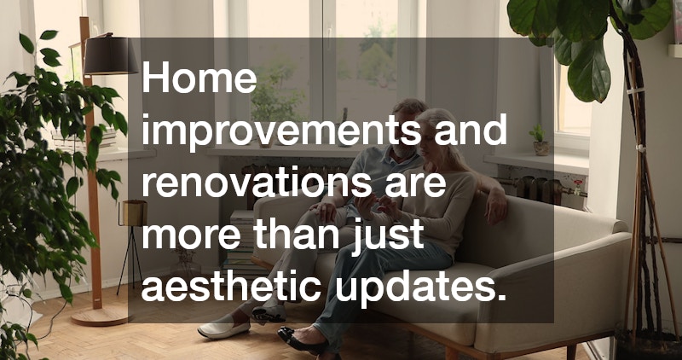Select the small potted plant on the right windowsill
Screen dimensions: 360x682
(x=539, y=140)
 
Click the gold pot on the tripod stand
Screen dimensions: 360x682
(x=133, y=212)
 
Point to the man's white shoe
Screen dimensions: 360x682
(x=223, y=328)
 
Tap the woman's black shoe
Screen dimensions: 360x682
(x=294, y=338)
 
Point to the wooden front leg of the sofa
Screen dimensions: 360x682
(x=451, y=352)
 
